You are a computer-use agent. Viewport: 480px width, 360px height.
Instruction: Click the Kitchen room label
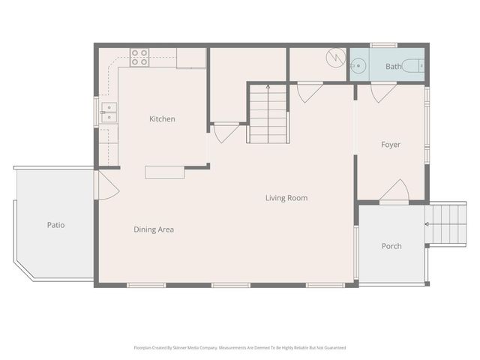pyautogui.click(x=162, y=118)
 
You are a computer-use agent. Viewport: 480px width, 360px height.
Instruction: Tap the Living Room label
pyautogui.click(x=286, y=198)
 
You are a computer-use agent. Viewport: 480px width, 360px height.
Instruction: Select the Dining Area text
pyautogui.click(x=154, y=229)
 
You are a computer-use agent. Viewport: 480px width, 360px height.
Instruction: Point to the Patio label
pyautogui.click(x=55, y=224)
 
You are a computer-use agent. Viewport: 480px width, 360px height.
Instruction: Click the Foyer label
pyautogui.click(x=390, y=145)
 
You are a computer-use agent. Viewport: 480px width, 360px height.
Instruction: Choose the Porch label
pyautogui.click(x=391, y=246)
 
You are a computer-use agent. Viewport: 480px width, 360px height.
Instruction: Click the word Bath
pyautogui.click(x=393, y=67)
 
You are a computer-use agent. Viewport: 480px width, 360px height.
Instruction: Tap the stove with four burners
pyautogui.click(x=139, y=57)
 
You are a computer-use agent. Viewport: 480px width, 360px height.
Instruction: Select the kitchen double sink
pyautogui.click(x=109, y=112)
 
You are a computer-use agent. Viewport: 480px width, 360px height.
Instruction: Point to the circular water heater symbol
pyautogui.click(x=335, y=56)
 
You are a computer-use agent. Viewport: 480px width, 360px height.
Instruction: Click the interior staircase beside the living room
pyautogui.click(x=268, y=113)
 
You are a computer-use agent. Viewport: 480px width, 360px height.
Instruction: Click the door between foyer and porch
pyautogui.click(x=394, y=192)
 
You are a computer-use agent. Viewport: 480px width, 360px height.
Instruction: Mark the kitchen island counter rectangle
pyautogui.click(x=165, y=172)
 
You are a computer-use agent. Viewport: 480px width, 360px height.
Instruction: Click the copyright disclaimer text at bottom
pyautogui.click(x=240, y=347)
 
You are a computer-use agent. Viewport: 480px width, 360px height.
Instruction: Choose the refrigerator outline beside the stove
pyautogui.click(x=191, y=58)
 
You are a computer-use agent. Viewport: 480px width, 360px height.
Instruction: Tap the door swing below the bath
pyautogui.click(x=383, y=92)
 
